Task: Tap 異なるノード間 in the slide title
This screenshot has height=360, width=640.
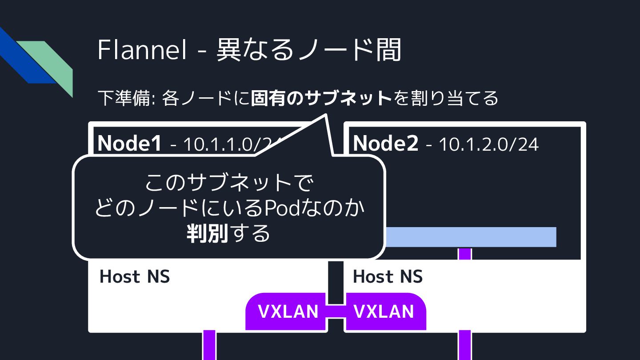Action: [x=309, y=50]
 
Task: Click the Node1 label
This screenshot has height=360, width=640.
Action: [x=129, y=143]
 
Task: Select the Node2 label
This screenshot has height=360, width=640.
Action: [x=385, y=143]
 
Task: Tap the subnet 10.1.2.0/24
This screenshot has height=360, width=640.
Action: [x=488, y=144]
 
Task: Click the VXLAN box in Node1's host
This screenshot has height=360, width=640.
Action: [x=288, y=312]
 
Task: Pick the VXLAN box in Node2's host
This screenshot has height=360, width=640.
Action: [x=384, y=312]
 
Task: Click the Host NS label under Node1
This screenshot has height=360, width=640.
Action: [x=135, y=276]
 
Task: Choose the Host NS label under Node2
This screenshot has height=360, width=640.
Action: [x=388, y=276]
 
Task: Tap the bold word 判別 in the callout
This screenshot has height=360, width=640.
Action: [x=207, y=233]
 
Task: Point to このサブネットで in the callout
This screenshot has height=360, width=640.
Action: [x=229, y=183]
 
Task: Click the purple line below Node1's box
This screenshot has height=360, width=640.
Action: [x=209, y=345]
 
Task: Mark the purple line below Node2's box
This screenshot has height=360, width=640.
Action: [x=464, y=345]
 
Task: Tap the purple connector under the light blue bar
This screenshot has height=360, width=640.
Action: [x=464, y=253]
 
